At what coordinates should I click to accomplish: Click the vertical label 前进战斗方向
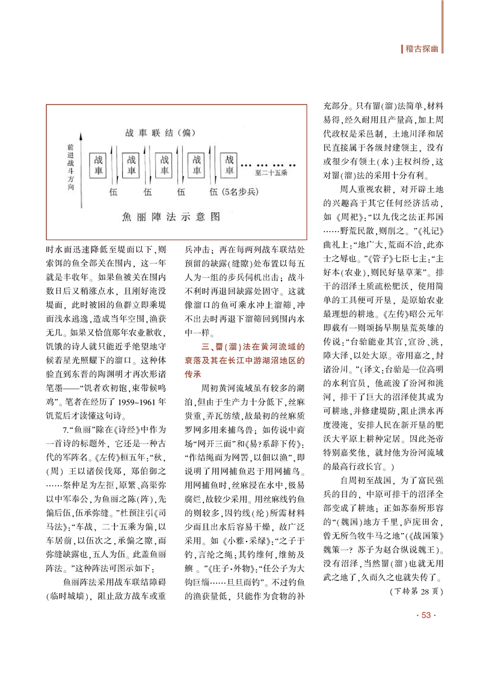tap(70, 167)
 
